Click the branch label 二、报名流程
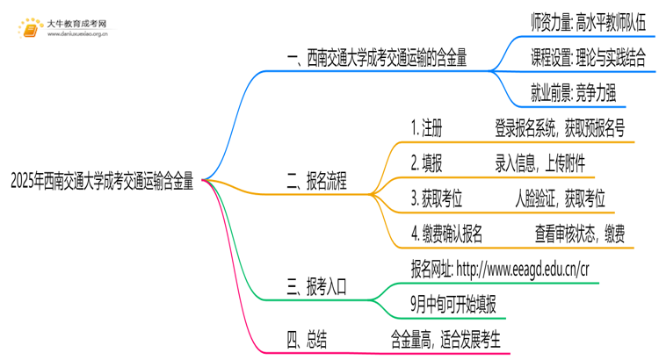(x=317, y=182)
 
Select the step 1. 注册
(x=426, y=128)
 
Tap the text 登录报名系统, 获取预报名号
(x=560, y=128)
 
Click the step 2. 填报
(x=426, y=164)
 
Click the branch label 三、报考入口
(x=317, y=285)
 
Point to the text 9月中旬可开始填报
(x=453, y=304)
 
